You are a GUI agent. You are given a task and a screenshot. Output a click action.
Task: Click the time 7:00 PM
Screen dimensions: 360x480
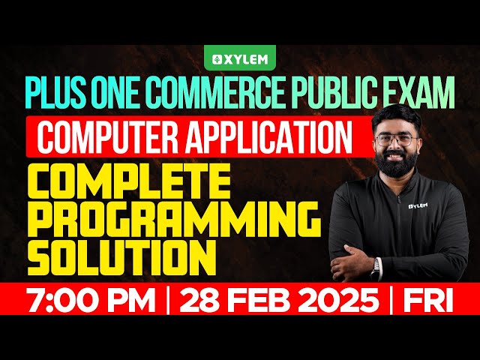[83, 302]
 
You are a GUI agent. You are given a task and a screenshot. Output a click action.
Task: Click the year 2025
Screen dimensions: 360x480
[338, 302]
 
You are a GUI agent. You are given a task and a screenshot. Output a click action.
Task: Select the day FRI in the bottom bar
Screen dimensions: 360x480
[428, 302]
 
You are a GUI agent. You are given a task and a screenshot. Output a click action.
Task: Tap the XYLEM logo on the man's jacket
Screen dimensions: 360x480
[421, 205]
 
